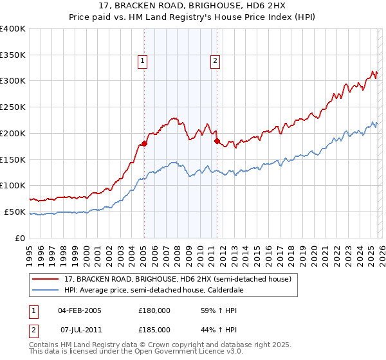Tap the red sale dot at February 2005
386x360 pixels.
144,143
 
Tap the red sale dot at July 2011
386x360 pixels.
217,141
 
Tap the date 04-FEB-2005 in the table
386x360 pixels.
80,310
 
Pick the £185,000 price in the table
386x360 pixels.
154,329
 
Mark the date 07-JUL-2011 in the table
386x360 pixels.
80,329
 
